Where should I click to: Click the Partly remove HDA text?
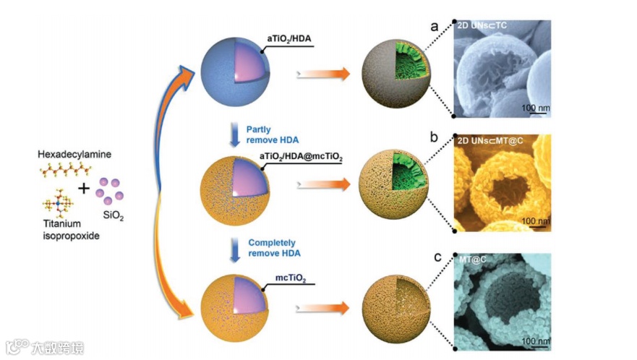270,134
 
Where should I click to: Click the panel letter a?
435,27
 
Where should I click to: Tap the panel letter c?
435,255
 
